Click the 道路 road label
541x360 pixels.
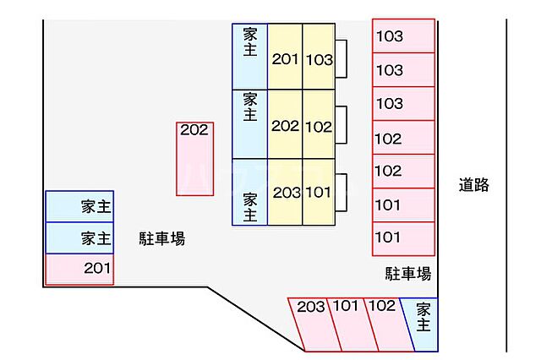tap(474, 185)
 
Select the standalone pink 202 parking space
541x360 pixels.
tap(194, 159)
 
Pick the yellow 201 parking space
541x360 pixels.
tap(285, 57)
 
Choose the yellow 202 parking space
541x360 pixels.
tap(285, 125)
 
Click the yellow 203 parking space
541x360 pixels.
tap(286, 192)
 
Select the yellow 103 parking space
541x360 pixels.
tap(319, 57)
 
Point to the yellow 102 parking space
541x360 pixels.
tap(319, 125)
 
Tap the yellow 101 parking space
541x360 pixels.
tap(319, 192)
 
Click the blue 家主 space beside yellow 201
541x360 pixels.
tap(250, 57)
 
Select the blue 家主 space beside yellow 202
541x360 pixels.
tap(250, 125)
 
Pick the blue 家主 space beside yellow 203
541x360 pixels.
tap(250, 192)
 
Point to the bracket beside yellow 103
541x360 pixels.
tap(342, 57)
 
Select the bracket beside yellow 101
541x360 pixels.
tap(342, 192)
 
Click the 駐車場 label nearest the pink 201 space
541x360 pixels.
tap(161, 239)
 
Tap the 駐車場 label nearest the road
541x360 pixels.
tap(408, 273)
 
